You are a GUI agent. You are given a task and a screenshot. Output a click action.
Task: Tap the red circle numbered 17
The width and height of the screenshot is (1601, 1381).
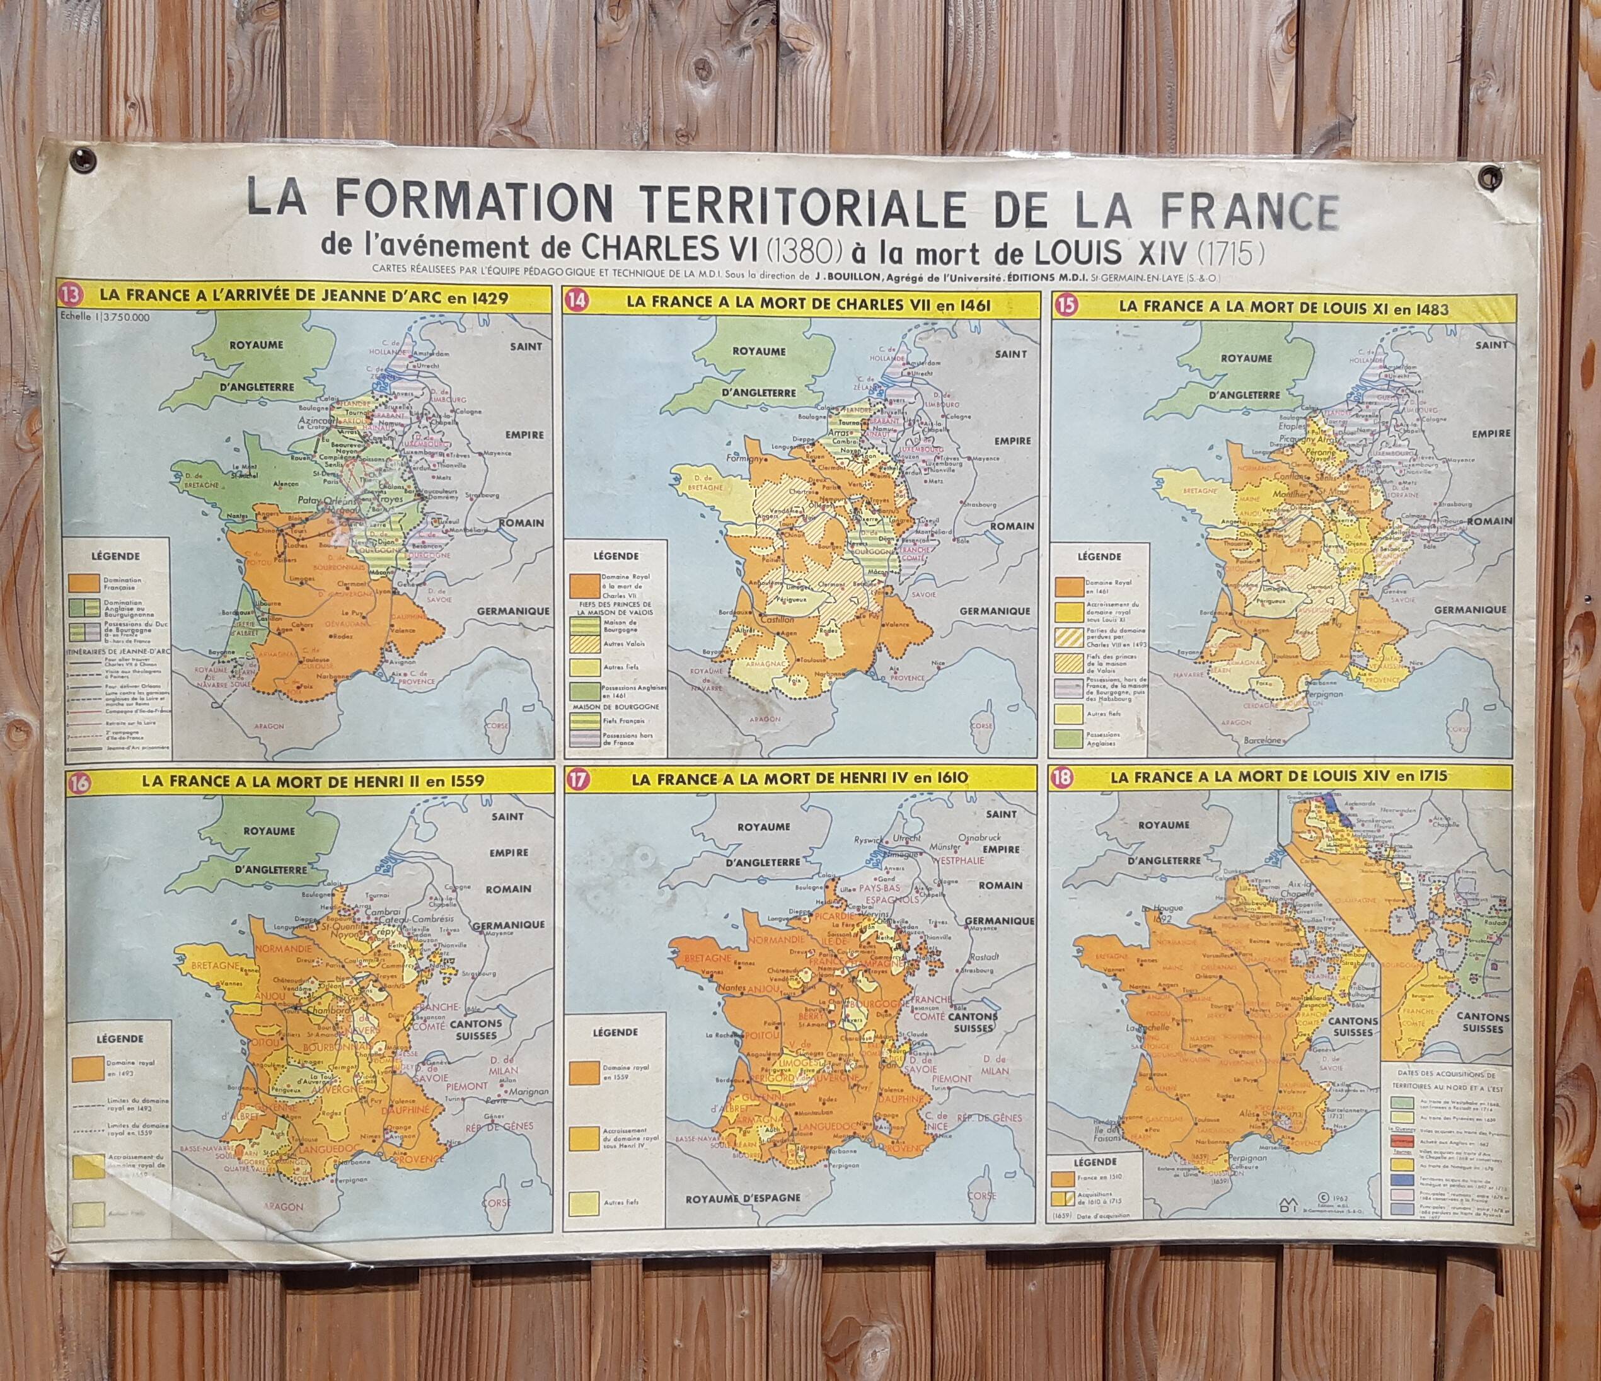tap(575, 782)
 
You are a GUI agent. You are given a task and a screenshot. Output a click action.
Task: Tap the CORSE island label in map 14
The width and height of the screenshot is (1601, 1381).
tap(982, 727)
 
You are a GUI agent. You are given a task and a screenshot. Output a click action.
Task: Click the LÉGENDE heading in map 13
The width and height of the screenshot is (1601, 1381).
tap(115, 555)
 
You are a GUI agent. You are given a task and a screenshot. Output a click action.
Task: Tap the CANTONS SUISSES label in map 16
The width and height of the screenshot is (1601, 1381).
tap(483, 1030)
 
